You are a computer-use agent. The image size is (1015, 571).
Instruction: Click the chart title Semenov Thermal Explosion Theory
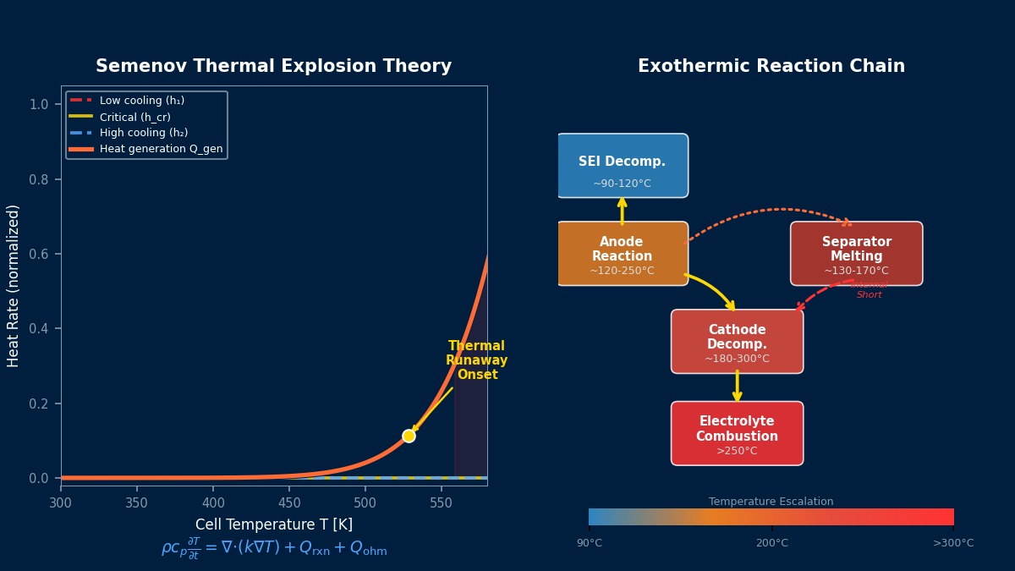(273, 67)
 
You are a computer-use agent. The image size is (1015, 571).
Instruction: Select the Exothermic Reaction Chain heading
(771, 67)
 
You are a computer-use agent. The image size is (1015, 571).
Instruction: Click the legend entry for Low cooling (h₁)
(141, 101)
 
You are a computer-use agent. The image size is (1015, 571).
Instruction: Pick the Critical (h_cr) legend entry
(134, 117)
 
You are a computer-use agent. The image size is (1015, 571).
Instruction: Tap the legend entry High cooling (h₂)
(143, 133)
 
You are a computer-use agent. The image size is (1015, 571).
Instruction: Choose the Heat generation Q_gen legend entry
(161, 149)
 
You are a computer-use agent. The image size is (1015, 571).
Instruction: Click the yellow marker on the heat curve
(409, 436)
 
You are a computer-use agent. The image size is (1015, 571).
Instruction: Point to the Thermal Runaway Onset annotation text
(476, 360)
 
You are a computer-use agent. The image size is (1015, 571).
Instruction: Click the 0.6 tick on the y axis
(39, 255)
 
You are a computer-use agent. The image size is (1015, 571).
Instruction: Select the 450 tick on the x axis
(289, 502)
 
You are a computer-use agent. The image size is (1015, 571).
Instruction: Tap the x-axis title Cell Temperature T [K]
(273, 524)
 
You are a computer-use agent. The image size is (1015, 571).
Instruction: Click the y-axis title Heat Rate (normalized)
(14, 285)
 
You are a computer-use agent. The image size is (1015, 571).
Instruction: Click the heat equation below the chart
(273, 548)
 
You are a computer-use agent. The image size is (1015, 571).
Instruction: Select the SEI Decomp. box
(622, 166)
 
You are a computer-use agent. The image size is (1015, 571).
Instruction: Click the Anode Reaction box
(622, 254)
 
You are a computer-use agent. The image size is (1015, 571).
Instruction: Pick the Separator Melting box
(856, 254)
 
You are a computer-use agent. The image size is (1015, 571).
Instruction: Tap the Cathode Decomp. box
(737, 341)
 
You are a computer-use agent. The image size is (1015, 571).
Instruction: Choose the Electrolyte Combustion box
(737, 433)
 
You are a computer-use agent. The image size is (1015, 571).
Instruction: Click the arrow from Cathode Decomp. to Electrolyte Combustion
(737, 387)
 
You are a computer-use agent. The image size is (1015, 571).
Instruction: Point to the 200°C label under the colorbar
(771, 543)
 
